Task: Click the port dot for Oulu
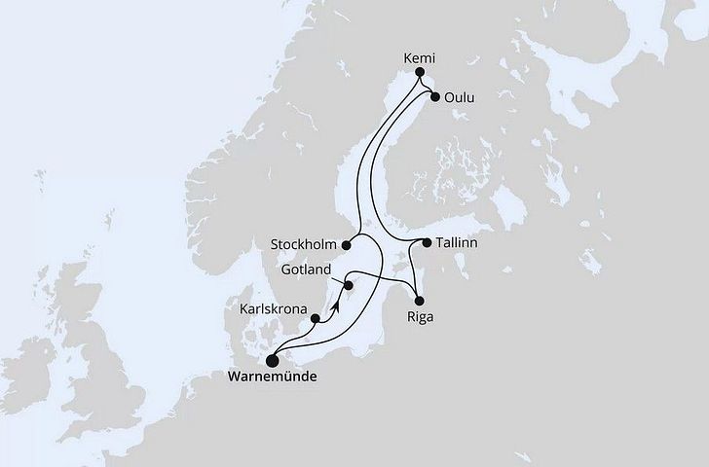(x=434, y=96)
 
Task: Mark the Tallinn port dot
(x=426, y=241)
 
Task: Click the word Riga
(x=421, y=317)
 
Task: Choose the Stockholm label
(x=307, y=243)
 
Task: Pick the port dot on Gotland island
(x=348, y=286)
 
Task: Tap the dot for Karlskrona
(x=315, y=317)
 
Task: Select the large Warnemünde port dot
(x=272, y=358)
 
